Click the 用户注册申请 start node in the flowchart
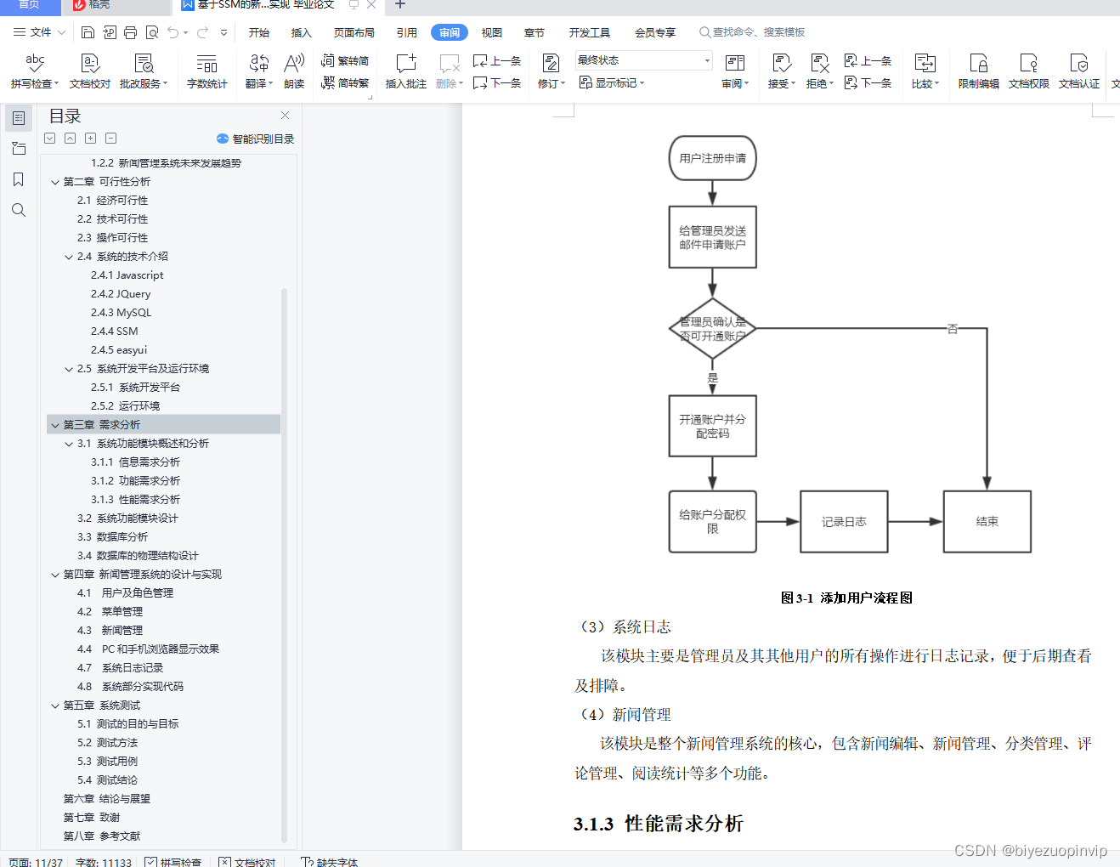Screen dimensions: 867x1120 tap(712, 158)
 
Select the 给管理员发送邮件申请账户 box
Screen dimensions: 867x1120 tap(712, 237)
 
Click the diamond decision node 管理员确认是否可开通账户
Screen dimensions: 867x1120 tap(712, 329)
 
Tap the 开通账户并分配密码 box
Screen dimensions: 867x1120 tap(712, 426)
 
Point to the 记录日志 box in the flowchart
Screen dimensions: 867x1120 tap(844, 522)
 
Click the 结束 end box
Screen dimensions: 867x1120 tap(987, 522)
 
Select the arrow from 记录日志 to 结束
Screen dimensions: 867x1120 tap(915, 522)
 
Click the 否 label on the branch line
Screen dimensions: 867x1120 tap(952, 329)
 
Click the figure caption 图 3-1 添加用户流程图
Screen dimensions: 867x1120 tap(846, 598)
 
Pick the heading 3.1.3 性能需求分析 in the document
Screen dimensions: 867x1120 tap(659, 823)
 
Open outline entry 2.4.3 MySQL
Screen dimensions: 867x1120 tap(121, 313)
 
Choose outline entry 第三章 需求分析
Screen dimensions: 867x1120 tap(102, 425)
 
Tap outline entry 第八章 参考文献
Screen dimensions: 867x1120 tap(102, 836)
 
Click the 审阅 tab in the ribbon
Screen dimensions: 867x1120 tap(450, 32)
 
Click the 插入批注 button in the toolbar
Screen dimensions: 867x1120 tap(406, 71)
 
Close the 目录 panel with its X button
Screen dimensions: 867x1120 tap(285, 116)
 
